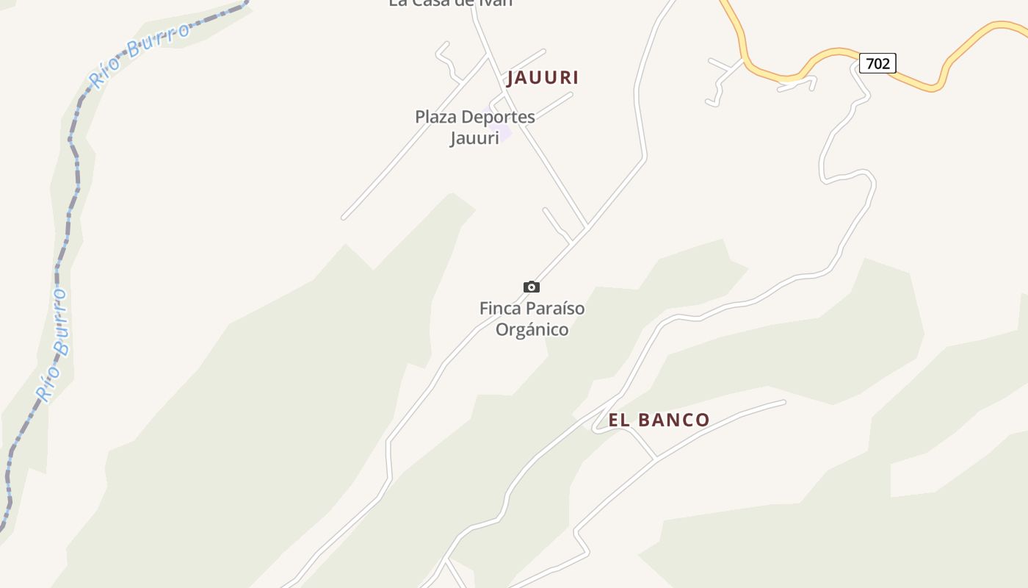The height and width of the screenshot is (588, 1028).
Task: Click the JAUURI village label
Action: pos(543,78)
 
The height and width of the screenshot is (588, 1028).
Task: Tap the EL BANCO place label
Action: pos(659,420)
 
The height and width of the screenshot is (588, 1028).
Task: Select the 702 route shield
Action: pos(877,64)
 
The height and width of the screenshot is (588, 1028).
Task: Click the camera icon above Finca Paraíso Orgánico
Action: pos(532,287)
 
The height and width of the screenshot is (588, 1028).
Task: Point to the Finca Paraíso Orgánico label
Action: pos(532,318)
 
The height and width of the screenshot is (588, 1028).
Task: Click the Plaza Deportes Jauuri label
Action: pos(474,126)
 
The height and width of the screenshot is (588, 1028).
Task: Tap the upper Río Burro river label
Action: pos(139,52)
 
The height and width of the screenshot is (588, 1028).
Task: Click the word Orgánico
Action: pos(532,329)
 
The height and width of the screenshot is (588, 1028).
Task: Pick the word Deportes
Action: pos(498,117)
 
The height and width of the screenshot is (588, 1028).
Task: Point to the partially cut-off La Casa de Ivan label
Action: pos(450,3)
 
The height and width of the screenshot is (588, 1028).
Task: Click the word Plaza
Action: pos(435,117)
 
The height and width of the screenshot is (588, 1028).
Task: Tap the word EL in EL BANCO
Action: pos(619,420)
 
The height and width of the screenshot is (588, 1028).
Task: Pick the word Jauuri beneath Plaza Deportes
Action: pos(474,137)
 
